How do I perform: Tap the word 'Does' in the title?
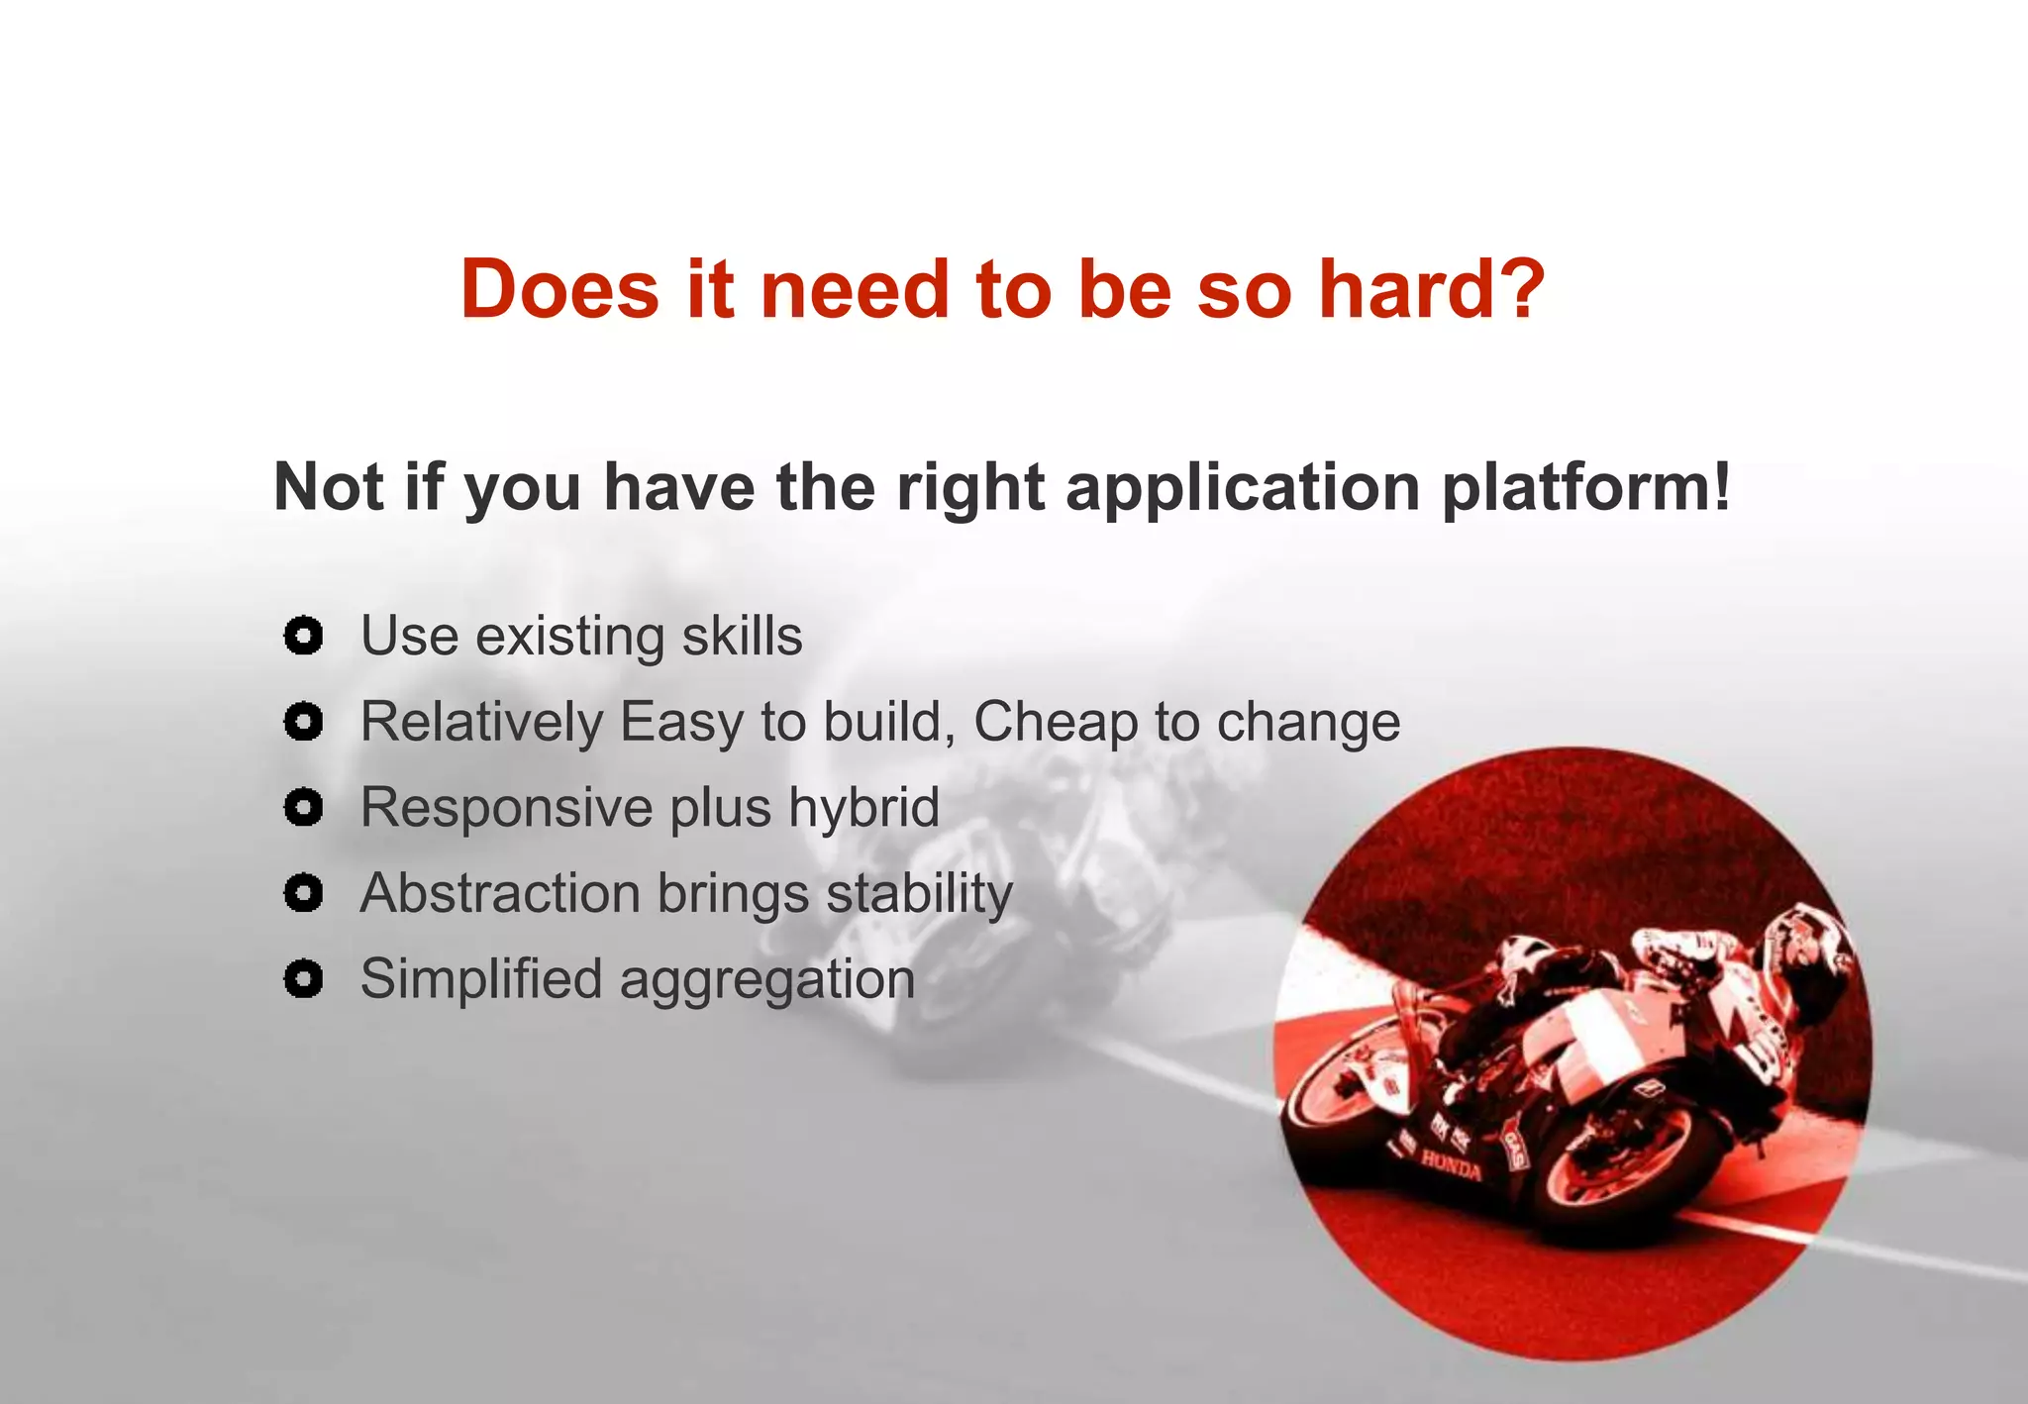559,289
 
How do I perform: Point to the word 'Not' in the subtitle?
328,487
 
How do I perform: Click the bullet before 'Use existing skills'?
303,636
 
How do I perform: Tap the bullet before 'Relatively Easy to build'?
303,722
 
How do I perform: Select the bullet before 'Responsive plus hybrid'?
303,808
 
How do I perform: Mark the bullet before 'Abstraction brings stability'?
303,893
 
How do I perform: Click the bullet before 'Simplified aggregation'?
303,979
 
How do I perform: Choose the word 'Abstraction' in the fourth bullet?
501,893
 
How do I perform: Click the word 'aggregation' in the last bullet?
767,979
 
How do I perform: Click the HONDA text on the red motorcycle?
1452,1165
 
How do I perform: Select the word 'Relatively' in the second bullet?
481,722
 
